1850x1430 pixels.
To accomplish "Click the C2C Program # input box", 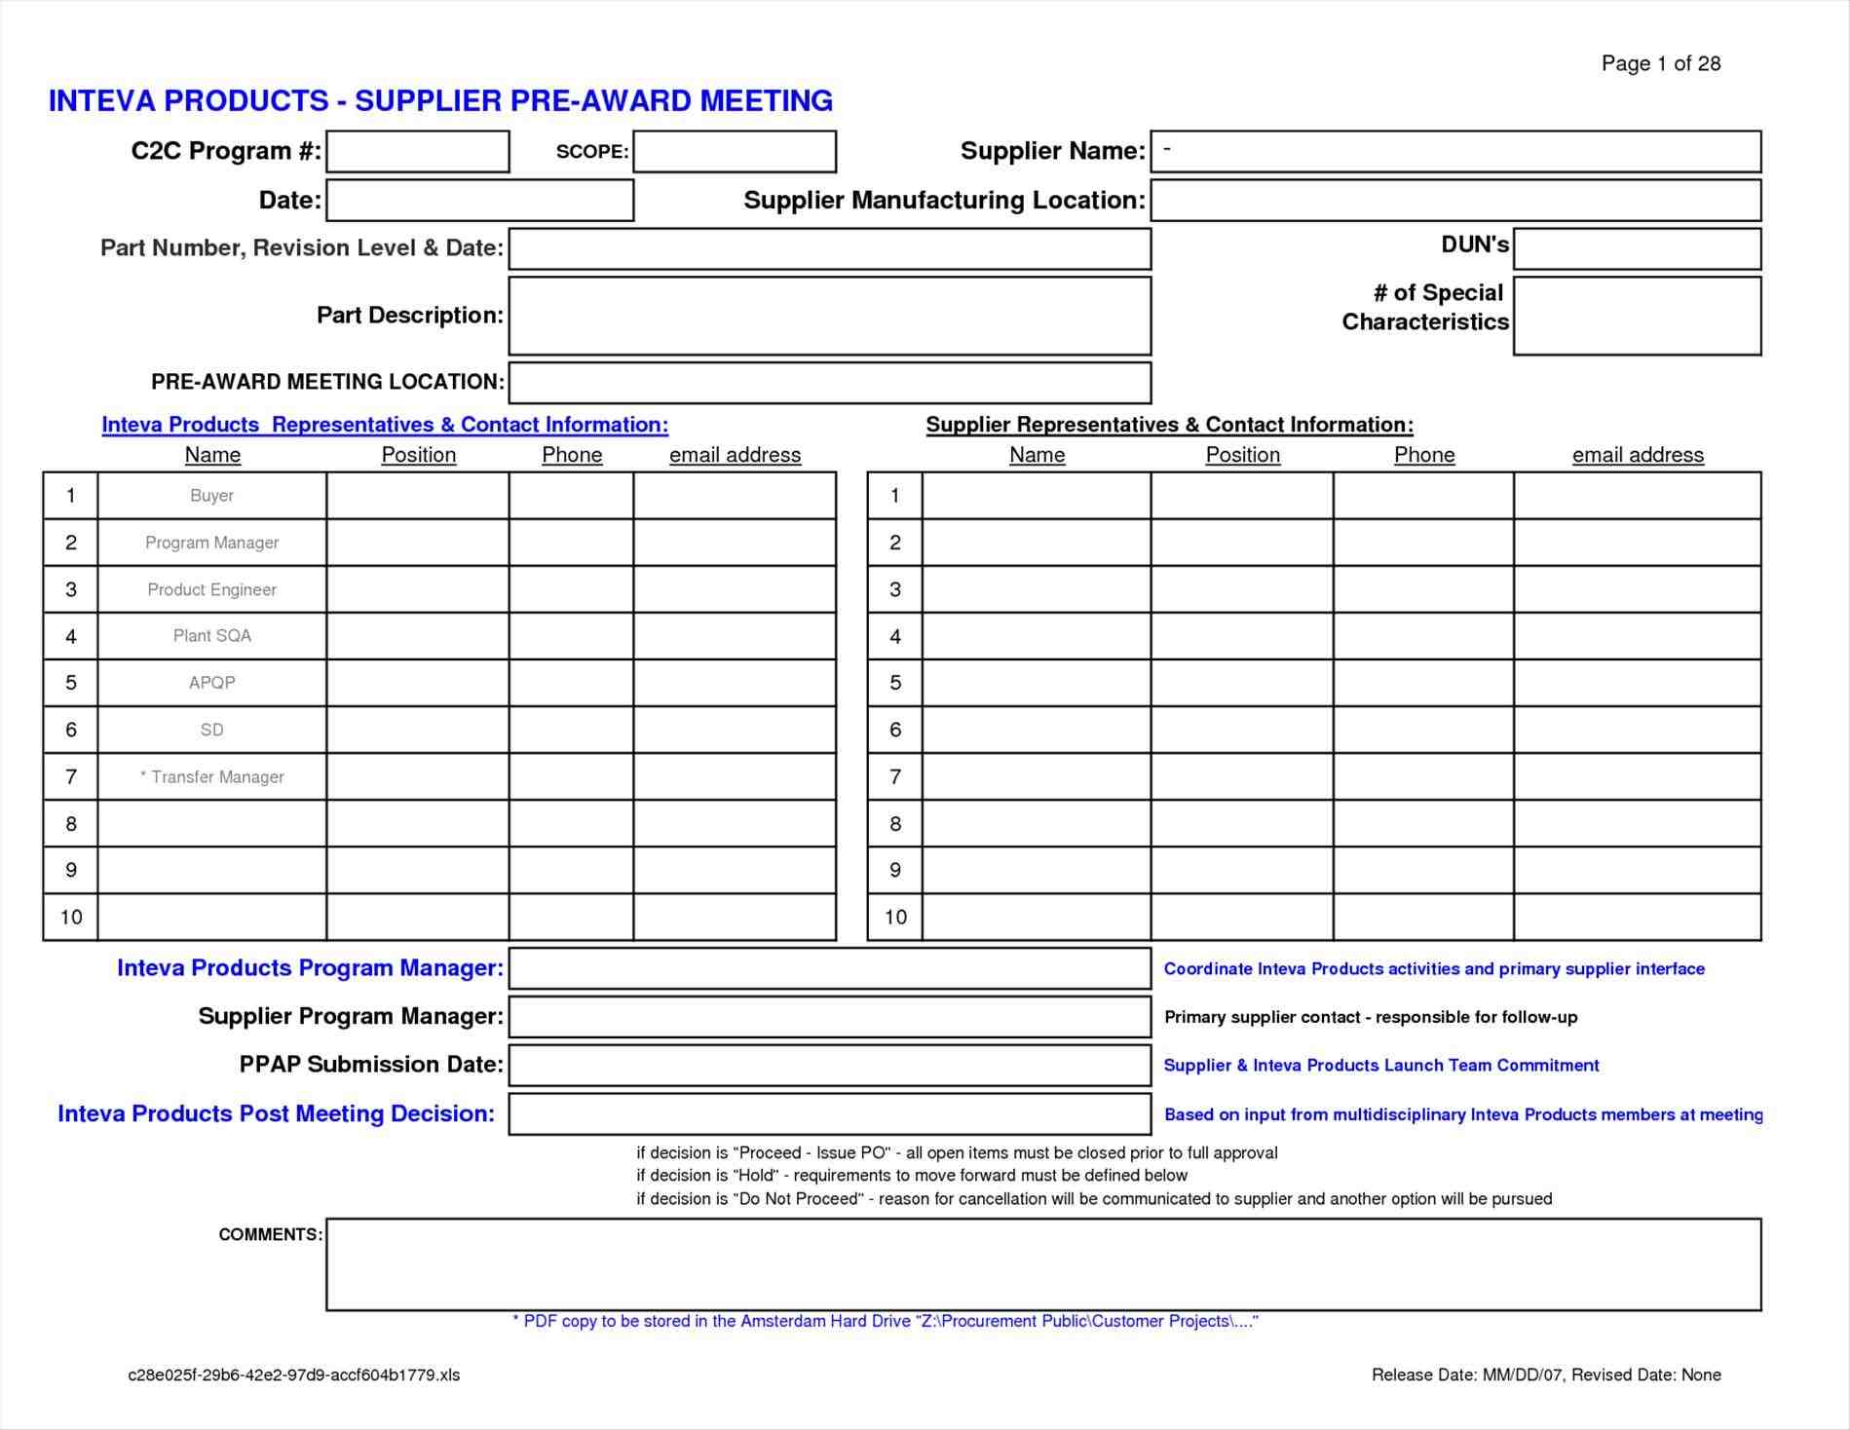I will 417,151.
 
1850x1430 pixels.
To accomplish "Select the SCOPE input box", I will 734,151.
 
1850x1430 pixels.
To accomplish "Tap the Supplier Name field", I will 1455,151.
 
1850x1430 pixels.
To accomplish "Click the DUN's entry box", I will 1637,248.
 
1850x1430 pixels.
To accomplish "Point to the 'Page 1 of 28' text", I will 1660,63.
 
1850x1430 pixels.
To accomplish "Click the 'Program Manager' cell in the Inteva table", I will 211,543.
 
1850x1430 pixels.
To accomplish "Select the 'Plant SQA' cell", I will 211,636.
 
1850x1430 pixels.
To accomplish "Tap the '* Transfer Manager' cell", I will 211,776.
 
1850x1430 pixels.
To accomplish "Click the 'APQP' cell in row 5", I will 211,683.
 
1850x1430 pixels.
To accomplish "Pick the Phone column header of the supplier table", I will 1423,455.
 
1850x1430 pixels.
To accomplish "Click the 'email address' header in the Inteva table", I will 735,455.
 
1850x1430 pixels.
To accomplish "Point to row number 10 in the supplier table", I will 894,917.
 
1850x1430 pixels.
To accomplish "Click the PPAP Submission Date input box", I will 829,1065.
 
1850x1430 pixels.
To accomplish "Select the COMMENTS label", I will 270,1234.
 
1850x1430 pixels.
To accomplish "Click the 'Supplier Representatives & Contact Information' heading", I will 1169,425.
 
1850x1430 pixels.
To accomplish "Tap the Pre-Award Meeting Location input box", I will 829,382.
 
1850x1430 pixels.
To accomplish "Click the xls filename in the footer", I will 293,1374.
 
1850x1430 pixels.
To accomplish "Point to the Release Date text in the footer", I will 1545,1374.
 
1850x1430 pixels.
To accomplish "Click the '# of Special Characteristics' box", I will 1637,316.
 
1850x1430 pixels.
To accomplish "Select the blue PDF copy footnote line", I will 885,1321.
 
